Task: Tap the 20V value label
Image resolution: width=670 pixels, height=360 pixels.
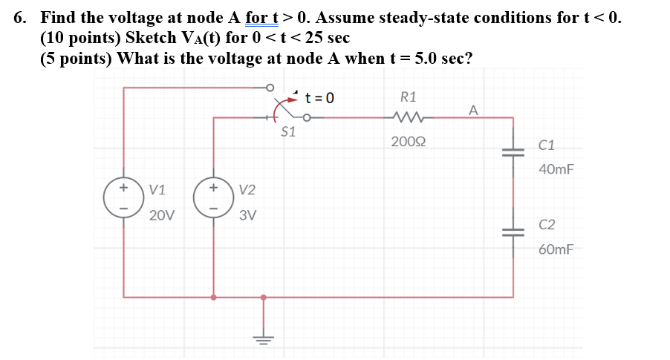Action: pyautogui.click(x=161, y=216)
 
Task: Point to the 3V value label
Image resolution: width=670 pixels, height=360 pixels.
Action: pyautogui.click(x=248, y=216)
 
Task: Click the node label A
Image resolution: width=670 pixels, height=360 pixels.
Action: pyautogui.click(x=473, y=111)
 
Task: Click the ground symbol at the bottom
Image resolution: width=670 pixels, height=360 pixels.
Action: pyautogui.click(x=262, y=338)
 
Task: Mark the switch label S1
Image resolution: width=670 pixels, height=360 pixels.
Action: pyautogui.click(x=288, y=132)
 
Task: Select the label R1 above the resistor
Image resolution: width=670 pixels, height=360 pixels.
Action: pyautogui.click(x=408, y=96)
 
